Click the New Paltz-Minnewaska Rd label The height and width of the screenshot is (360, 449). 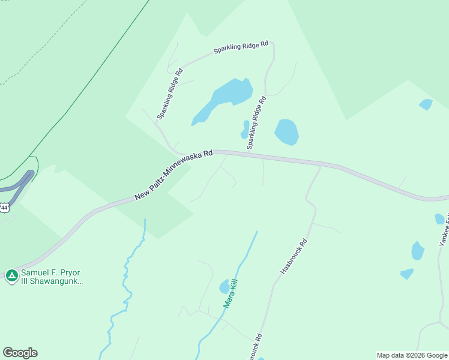173,175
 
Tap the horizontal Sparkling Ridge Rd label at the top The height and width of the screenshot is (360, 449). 240,48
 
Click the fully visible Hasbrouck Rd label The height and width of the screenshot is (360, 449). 294,257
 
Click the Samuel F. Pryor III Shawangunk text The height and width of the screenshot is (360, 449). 51,277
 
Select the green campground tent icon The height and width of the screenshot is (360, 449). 11,276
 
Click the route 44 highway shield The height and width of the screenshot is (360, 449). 4,208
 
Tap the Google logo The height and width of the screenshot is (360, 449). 20,353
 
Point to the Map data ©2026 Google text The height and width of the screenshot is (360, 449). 412,355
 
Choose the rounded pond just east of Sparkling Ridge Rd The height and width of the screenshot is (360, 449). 286,132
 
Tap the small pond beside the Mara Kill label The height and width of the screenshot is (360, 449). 224,286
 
